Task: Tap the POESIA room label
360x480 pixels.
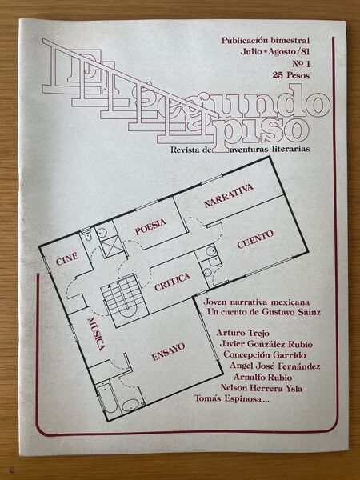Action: tap(150, 228)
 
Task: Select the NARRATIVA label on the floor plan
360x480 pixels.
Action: tap(228, 195)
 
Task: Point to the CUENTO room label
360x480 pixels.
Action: tap(255, 238)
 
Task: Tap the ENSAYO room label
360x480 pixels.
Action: tap(168, 351)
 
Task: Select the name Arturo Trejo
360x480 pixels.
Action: tap(243, 333)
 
